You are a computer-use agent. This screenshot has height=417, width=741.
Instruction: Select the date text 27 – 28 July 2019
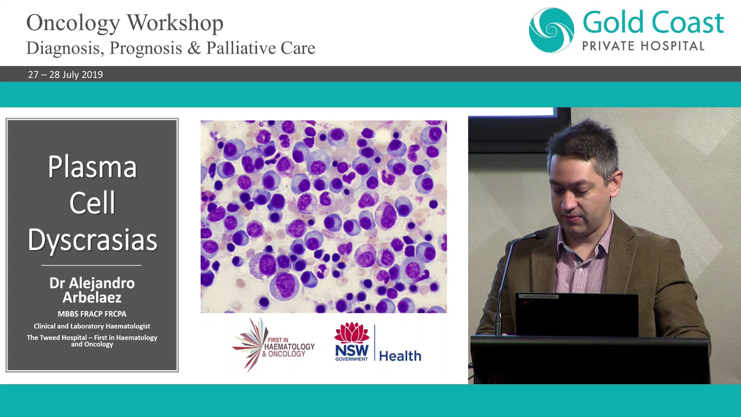pyautogui.click(x=66, y=75)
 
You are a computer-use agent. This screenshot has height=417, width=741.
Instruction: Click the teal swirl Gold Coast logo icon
pyautogui.click(x=552, y=30)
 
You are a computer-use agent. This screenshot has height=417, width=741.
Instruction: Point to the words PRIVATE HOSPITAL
pyautogui.click(x=643, y=46)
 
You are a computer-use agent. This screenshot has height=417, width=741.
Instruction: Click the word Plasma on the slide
pyautogui.click(x=92, y=167)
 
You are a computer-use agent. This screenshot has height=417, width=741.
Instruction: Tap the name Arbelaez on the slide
pyautogui.click(x=92, y=298)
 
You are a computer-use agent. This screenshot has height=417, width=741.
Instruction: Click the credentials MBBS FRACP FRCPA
pyautogui.click(x=92, y=314)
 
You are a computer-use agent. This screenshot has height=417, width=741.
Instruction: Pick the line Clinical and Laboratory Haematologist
pyautogui.click(x=92, y=326)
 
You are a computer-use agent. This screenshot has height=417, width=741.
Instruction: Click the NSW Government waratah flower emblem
pyautogui.click(x=352, y=332)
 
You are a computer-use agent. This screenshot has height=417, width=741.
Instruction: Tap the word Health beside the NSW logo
pyautogui.click(x=400, y=356)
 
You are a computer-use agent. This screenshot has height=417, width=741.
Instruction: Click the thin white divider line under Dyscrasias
pyautogui.click(x=91, y=265)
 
